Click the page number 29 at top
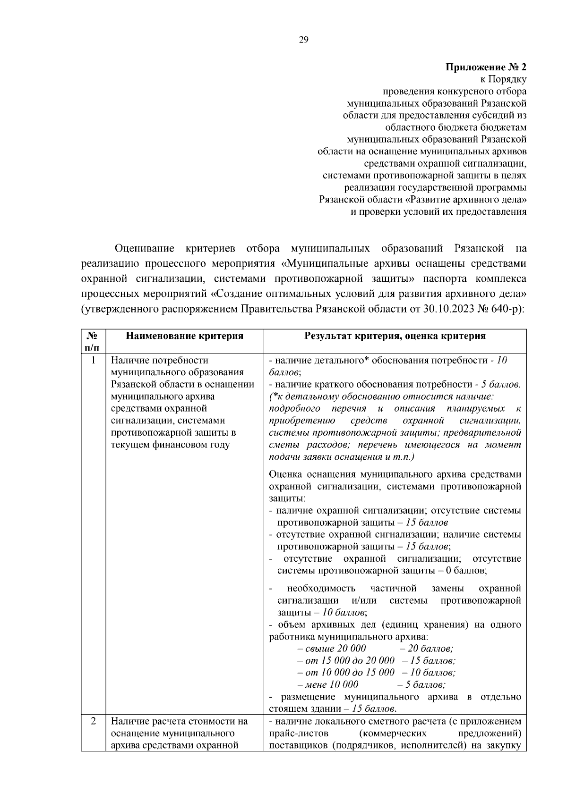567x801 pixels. [x=303, y=40]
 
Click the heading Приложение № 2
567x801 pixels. [x=486, y=67]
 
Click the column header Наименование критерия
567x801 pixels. [x=184, y=336]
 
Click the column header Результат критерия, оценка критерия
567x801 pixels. [x=395, y=336]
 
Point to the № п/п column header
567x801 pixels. [x=93, y=342]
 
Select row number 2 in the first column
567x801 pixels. [x=93, y=722]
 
